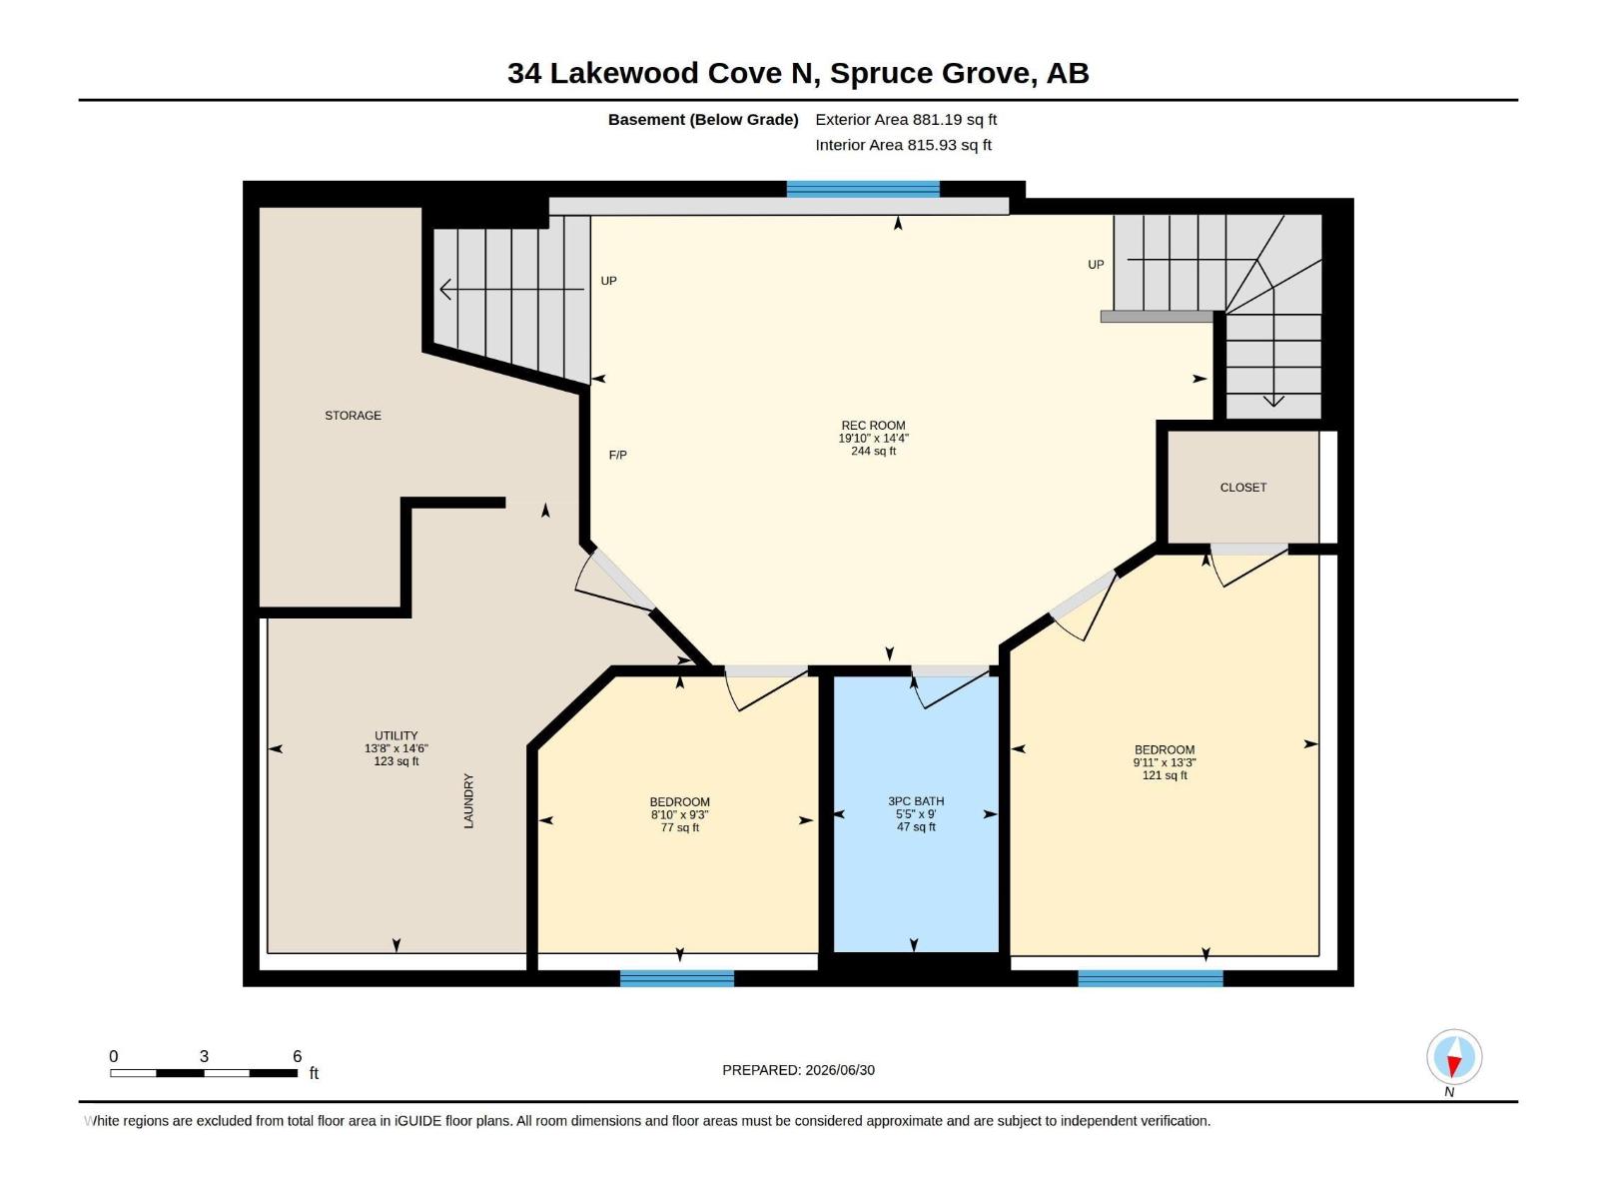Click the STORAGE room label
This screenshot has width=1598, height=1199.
pos(353,416)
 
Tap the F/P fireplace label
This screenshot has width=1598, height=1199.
pos(617,455)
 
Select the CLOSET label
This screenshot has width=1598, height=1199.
pos(1242,488)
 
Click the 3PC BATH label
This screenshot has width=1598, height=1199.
pos(915,800)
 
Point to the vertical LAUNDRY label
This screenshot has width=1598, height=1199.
pos(468,800)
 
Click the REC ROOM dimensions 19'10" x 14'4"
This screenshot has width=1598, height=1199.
pos(873,439)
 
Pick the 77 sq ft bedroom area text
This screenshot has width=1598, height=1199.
pos(679,827)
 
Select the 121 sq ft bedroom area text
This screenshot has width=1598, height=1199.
pos(1165,775)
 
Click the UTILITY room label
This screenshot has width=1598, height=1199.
pos(397,735)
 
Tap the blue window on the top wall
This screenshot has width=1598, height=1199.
pos(863,189)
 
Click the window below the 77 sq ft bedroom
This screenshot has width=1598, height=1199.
pos(676,978)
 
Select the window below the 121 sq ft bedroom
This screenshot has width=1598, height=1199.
pos(1151,978)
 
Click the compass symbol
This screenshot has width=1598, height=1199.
pos(1454,1057)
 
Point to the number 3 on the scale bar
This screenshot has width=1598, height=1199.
pos(204,1056)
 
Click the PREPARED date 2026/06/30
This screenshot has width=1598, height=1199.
pos(839,1070)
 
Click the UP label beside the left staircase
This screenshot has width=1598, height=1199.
pos(608,281)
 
